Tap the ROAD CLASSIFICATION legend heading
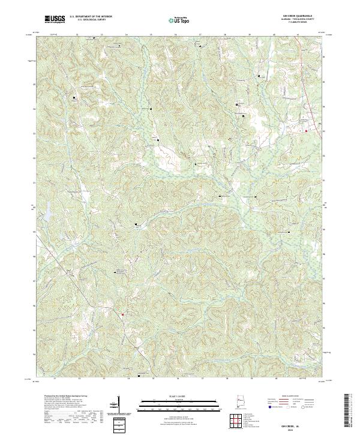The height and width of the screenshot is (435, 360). [x=292, y=397]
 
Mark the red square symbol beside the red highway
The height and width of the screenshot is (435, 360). [x=306, y=131]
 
